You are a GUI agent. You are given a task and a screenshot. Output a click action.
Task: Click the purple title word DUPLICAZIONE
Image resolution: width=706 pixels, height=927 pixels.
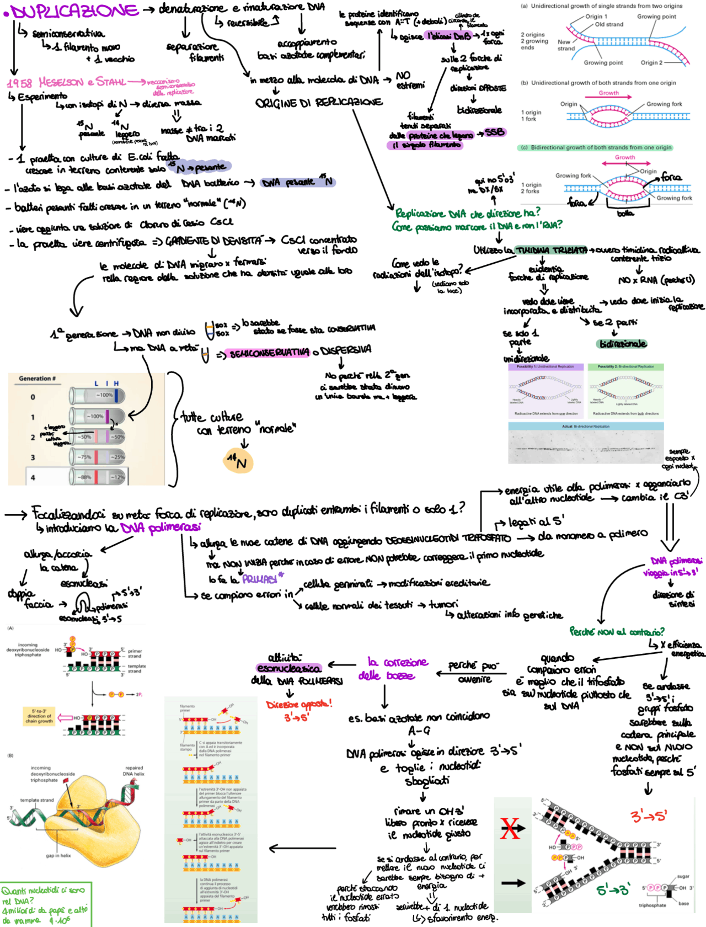coord(75,11)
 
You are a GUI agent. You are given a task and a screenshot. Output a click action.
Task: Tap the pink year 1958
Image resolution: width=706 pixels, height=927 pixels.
coord(19,83)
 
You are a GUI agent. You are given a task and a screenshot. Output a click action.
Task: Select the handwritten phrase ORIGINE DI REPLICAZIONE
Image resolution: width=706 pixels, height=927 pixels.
coord(318,102)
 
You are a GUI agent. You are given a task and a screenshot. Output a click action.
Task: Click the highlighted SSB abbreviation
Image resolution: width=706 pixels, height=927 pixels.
coord(494,132)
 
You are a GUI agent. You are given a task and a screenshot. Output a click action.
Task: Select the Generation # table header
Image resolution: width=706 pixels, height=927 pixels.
coord(38,379)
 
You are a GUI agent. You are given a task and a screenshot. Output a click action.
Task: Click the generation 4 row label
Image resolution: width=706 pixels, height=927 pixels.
coord(33,477)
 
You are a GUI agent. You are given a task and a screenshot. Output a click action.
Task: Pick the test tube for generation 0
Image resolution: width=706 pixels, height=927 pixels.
coord(97,395)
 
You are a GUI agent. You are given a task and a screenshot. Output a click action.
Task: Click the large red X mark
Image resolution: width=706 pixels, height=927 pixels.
coord(510,828)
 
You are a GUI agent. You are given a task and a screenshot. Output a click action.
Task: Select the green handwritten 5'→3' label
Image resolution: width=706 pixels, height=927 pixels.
coord(613,890)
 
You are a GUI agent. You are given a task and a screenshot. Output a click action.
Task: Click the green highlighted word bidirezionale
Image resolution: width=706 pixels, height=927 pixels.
coord(622,344)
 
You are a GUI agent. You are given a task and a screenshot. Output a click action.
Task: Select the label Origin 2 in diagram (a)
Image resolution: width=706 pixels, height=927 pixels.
coord(651,63)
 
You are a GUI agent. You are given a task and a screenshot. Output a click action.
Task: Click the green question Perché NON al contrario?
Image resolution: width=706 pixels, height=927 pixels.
coord(617,631)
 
